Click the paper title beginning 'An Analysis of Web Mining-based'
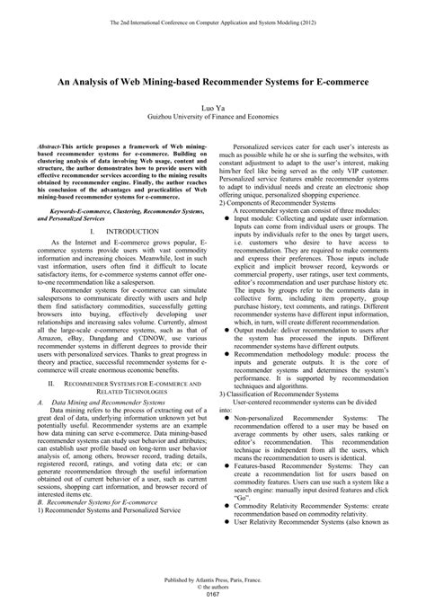213,79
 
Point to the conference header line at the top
213,21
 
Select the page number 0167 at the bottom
213,592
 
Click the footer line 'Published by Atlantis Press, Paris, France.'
213,576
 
